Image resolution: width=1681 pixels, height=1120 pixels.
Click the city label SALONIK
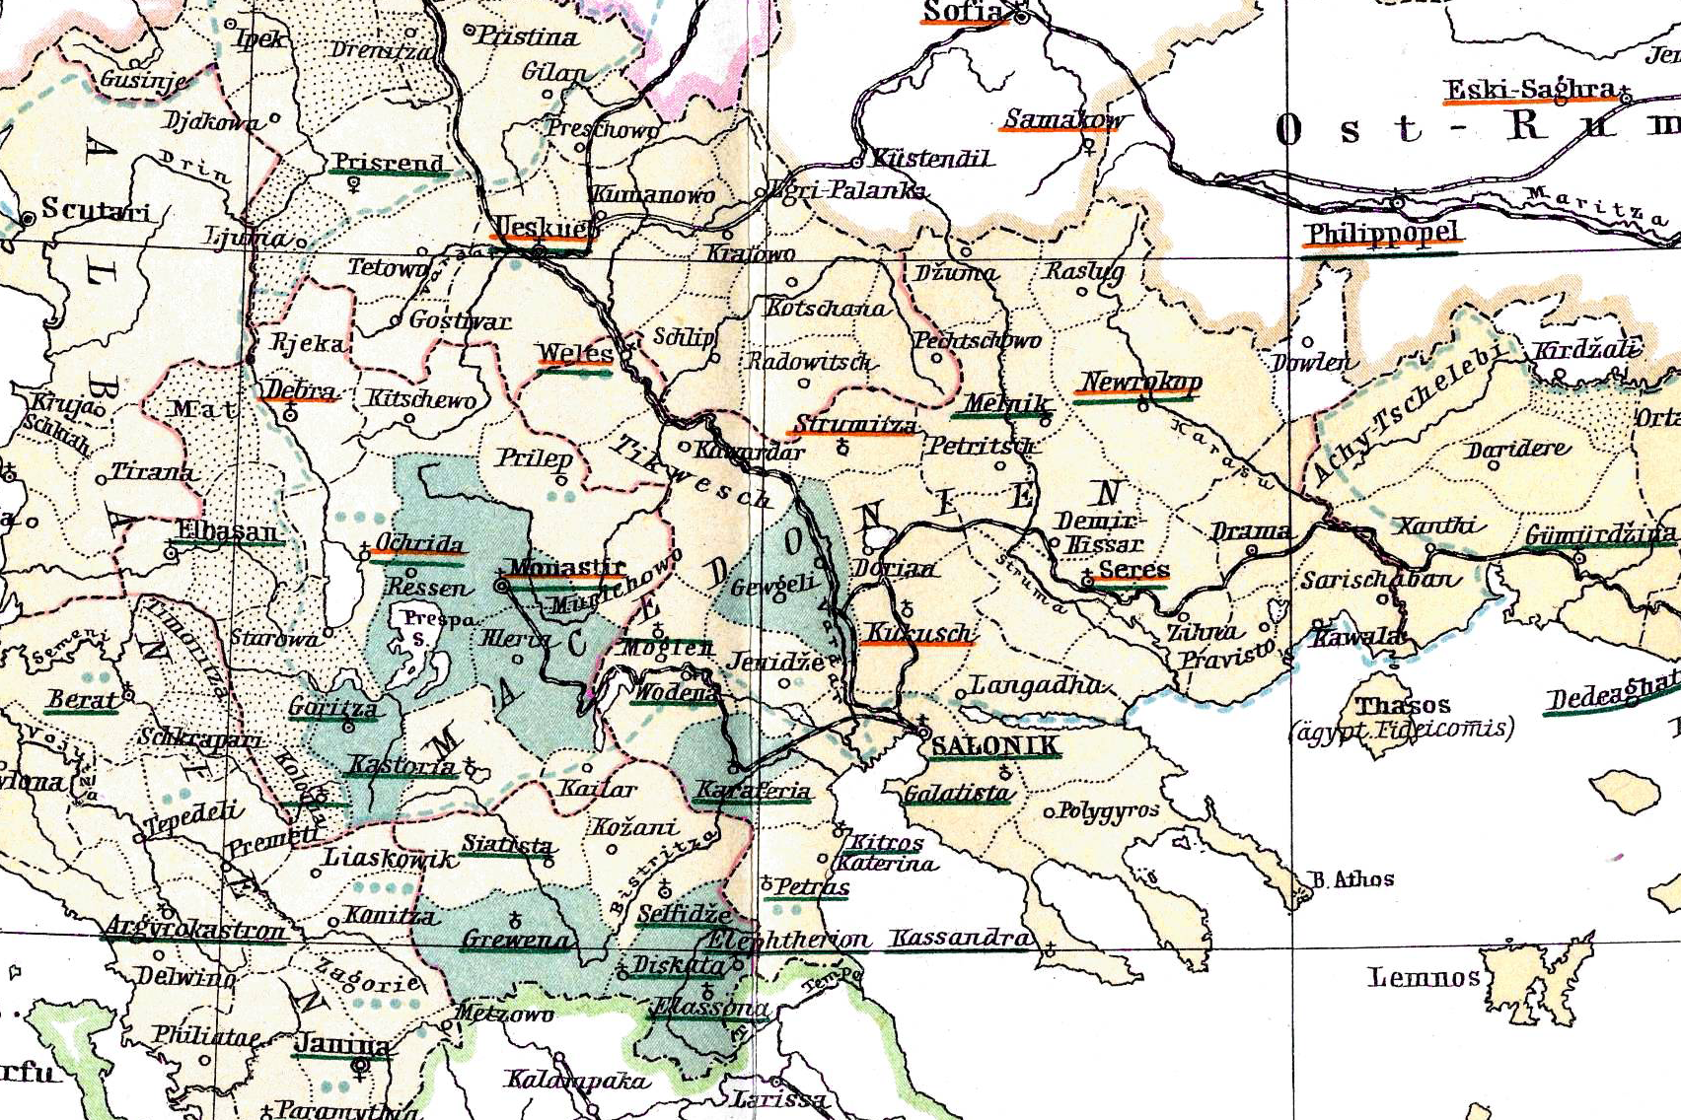coord(994,744)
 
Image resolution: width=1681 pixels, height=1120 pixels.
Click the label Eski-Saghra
coord(1531,91)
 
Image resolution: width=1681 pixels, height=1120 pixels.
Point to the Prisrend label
coord(389,163)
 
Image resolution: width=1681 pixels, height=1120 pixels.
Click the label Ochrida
coord(419,544)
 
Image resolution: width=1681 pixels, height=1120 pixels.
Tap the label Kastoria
coord(402,766)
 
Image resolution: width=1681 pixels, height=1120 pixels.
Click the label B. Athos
coord(1352,878)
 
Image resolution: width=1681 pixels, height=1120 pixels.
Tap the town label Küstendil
coord(931,159)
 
